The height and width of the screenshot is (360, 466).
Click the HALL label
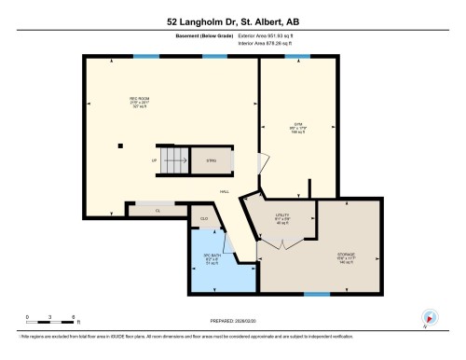225,191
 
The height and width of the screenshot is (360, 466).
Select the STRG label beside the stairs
212,160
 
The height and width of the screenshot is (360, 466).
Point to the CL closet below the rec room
158,211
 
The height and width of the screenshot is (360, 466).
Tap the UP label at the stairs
154,160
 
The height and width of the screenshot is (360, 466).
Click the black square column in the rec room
119,145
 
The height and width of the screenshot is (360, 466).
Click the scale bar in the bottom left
42,321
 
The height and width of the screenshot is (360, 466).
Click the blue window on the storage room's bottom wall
317,294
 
